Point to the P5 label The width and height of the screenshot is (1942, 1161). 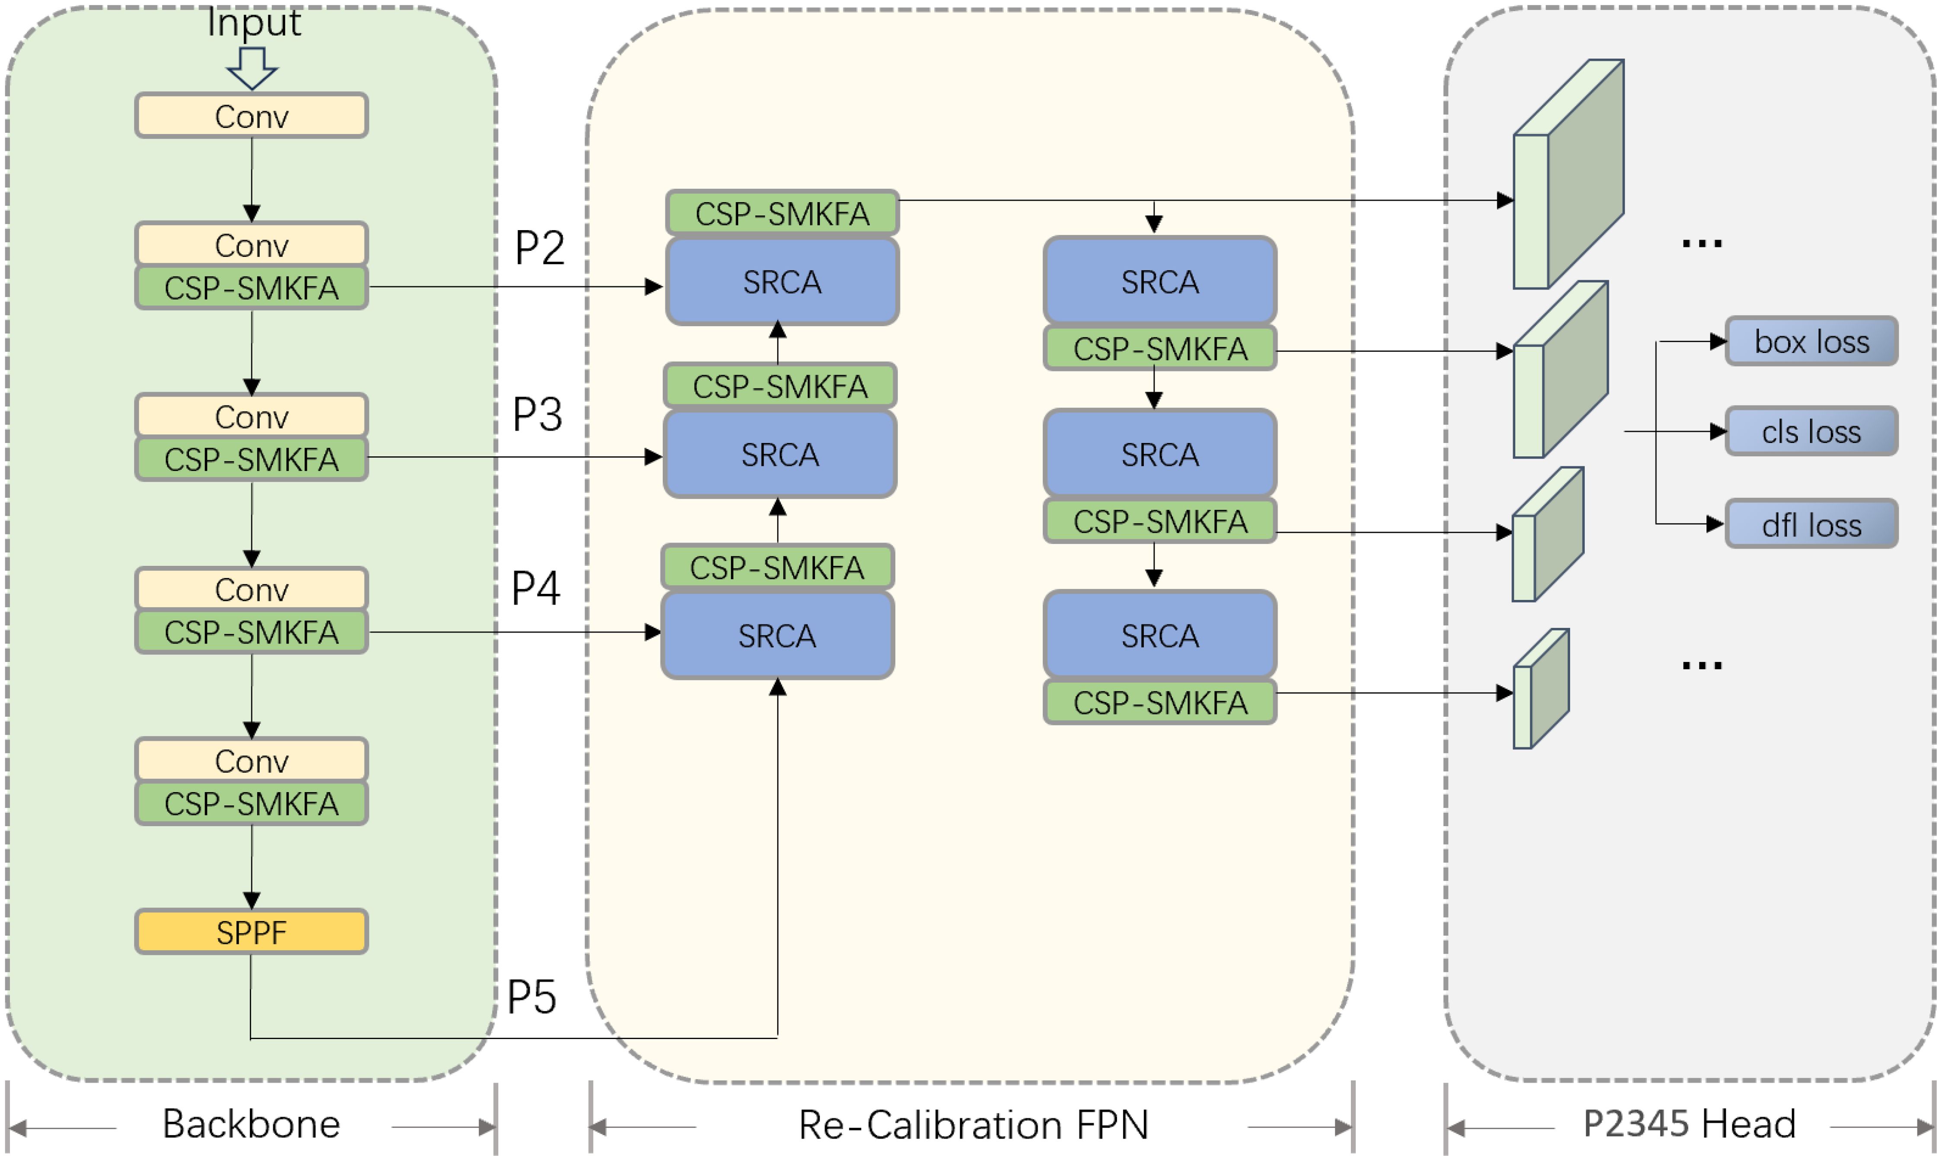[x=532, y=997]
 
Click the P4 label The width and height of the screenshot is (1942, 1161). [x=536, y=588]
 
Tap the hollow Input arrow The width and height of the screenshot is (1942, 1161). [x=252, y=68]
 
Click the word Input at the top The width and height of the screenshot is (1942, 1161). [x=253, y=22]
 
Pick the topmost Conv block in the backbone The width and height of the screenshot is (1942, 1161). [x=251, y=116]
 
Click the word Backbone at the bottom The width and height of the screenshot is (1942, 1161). [x=251, y=1124]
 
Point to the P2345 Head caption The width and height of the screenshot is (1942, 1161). [x=1689, y=1124]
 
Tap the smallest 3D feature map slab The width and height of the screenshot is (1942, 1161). [x=1541, y=689]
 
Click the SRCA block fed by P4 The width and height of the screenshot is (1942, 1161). [x=777, y=635]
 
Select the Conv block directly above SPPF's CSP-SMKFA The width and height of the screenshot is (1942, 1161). [x=251, y=760]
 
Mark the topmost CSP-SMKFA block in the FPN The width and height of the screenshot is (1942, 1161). [x=782, y=213]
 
